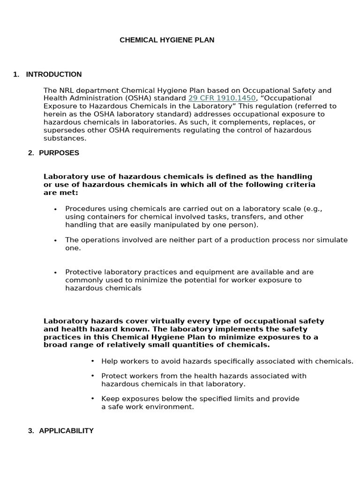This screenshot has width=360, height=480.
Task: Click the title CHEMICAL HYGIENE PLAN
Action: click(x=167, y=40)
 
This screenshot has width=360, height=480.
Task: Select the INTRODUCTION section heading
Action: click(x=53, y=75)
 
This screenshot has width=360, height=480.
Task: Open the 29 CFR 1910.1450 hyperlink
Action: click(x=222, y=98)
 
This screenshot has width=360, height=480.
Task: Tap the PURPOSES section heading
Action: click(x=59, y=153)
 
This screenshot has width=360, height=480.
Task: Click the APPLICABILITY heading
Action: click(x=66, y=431)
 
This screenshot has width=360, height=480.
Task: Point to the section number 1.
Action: click(x=16, y=75)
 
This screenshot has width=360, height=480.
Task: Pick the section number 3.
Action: click(x=30, y=431)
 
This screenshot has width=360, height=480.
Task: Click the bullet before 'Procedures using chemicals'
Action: click(x=55, y=209)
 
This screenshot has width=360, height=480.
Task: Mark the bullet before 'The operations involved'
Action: click(x=55, y=240)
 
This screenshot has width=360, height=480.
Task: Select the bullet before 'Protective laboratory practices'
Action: click(x=55, y=272)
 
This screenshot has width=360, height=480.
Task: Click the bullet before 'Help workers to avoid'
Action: click(x=92, y=361)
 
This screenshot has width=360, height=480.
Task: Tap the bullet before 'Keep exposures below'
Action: click(x=92, y=399)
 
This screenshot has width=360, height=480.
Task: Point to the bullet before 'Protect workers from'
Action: click(x=92, y=376)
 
